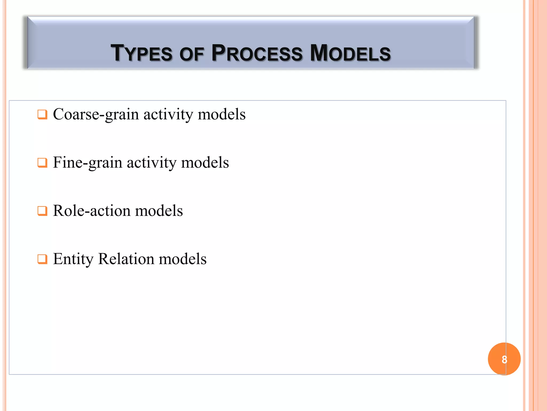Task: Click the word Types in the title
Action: coord(142,53)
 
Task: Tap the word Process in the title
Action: coord(257,53)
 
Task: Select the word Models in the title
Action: coord(350,53)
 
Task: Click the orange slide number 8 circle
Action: coord(504,359)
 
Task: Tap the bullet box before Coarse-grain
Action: coord(42,115)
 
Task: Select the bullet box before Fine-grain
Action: coord(42,163)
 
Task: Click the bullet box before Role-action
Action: coord(42,211)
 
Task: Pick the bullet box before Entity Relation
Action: coord(42,259)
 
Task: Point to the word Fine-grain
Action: coord(88,163)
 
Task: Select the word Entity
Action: coord(73,259)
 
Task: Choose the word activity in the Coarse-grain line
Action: coord(168,115)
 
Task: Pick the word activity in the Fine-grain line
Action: coord(151,163)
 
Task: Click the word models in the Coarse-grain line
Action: coord(221,115)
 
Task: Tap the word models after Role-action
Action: coord(159,211)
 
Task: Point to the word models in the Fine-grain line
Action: coord(205,163)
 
